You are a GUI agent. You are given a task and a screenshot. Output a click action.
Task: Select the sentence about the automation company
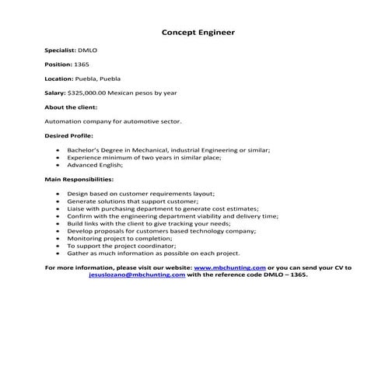tap(114, 122)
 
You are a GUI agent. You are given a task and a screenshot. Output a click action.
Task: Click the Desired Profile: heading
tap(68, 136)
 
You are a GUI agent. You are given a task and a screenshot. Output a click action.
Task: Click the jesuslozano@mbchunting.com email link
tap(137, 275)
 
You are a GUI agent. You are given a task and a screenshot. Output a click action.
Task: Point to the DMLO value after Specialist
tap(88, 50)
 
